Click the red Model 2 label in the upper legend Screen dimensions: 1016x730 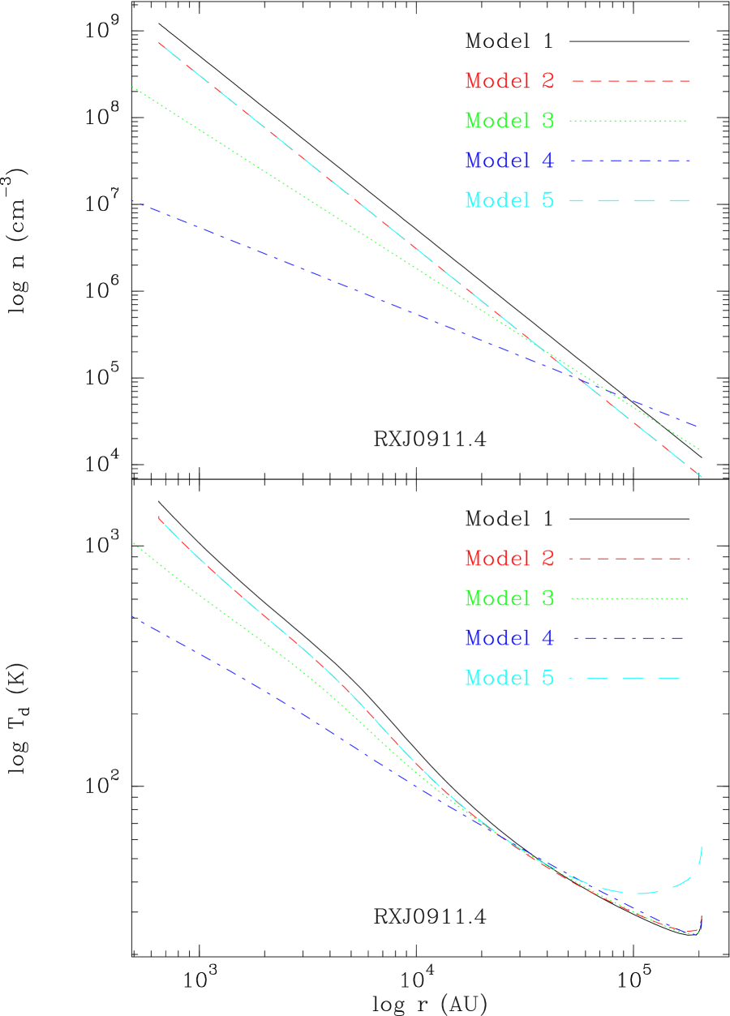click(x=509, y=81)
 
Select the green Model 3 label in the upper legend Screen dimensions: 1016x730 click(x=509, y=121)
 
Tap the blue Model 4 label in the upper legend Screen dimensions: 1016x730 click(x=509, y=161)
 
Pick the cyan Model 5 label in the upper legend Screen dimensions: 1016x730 click(x=509, y=199)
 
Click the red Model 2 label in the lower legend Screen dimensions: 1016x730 click(x=509, y=559)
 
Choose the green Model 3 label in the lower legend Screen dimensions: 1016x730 click(x=509, y=598)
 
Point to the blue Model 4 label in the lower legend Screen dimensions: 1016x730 click(x=509, y=638)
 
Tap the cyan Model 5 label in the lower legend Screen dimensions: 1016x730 click(x=509, y=677)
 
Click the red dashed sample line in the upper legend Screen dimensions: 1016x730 click(x=631, y=81)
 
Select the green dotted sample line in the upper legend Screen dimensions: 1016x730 click(x=628, y=121)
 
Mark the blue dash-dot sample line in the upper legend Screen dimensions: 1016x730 click(x=630, y=161)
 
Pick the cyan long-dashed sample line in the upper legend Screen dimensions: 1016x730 click(x=629, y=199)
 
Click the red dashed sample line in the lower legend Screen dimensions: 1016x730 click(x=629, y=559)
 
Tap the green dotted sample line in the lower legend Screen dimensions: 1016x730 click(x=629, y=598)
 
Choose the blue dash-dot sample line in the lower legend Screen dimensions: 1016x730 click(x=629, y=638)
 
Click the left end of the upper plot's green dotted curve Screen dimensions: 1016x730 click(x=133, y=87)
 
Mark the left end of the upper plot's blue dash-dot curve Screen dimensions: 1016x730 click(x=133, y=201)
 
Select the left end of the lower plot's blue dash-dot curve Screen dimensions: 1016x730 click(x=133, y=618)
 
